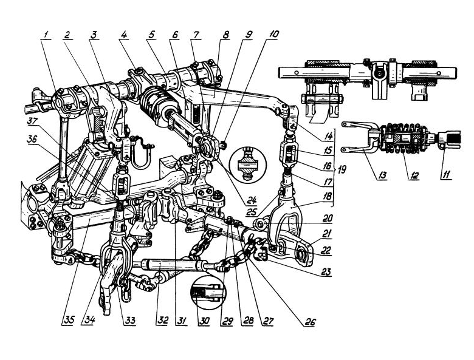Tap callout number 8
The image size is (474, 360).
point(226,36)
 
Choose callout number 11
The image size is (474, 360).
point(449,177)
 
